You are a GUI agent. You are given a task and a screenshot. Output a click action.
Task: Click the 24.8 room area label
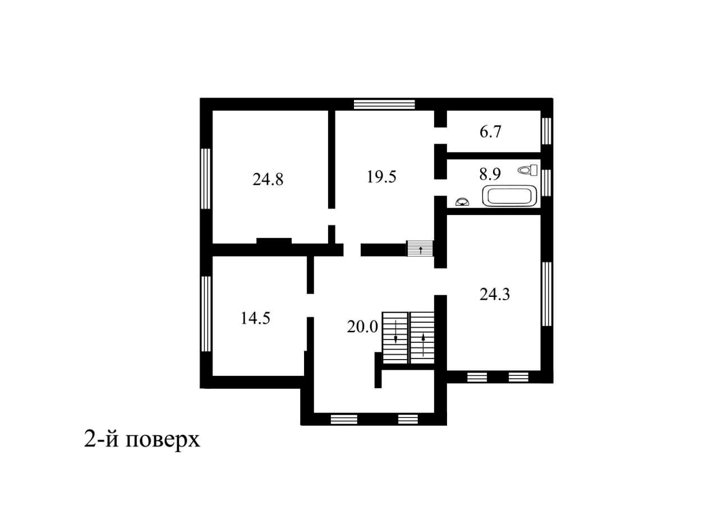(268, 180)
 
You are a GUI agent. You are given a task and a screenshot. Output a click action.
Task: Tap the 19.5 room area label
(381, 176)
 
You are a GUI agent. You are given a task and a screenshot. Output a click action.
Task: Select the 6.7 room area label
(490, 132)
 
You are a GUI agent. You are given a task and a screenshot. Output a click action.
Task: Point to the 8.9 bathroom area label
(490, 174)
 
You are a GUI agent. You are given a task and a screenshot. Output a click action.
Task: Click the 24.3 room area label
(495, 294)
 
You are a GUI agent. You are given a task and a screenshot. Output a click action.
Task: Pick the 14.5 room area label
(255, 318)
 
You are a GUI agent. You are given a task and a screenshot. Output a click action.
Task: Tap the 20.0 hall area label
(362, 327)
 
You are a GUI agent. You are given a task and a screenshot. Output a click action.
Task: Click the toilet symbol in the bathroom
(528, 170)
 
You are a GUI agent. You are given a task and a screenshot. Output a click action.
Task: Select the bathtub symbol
(510, 196)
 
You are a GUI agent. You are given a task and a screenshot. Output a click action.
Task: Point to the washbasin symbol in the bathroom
(462, 202)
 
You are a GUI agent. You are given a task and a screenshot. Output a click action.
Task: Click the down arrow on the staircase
(395, 331)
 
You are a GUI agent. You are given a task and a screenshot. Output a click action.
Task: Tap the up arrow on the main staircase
(423, 345)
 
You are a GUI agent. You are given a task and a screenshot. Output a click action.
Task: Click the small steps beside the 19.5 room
(420, 248)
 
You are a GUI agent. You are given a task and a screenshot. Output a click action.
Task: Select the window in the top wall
(384, 105)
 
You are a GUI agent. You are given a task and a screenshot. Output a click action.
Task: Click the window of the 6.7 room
(546, 131)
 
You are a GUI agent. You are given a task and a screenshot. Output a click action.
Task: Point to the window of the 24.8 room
(207, 179)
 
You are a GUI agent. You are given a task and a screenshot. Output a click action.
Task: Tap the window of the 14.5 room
(207, 314)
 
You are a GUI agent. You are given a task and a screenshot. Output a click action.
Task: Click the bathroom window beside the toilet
(546, 183)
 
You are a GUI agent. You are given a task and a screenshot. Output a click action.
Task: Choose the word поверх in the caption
(163, 441)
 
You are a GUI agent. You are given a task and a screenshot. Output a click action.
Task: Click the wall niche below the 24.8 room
(274, 241)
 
